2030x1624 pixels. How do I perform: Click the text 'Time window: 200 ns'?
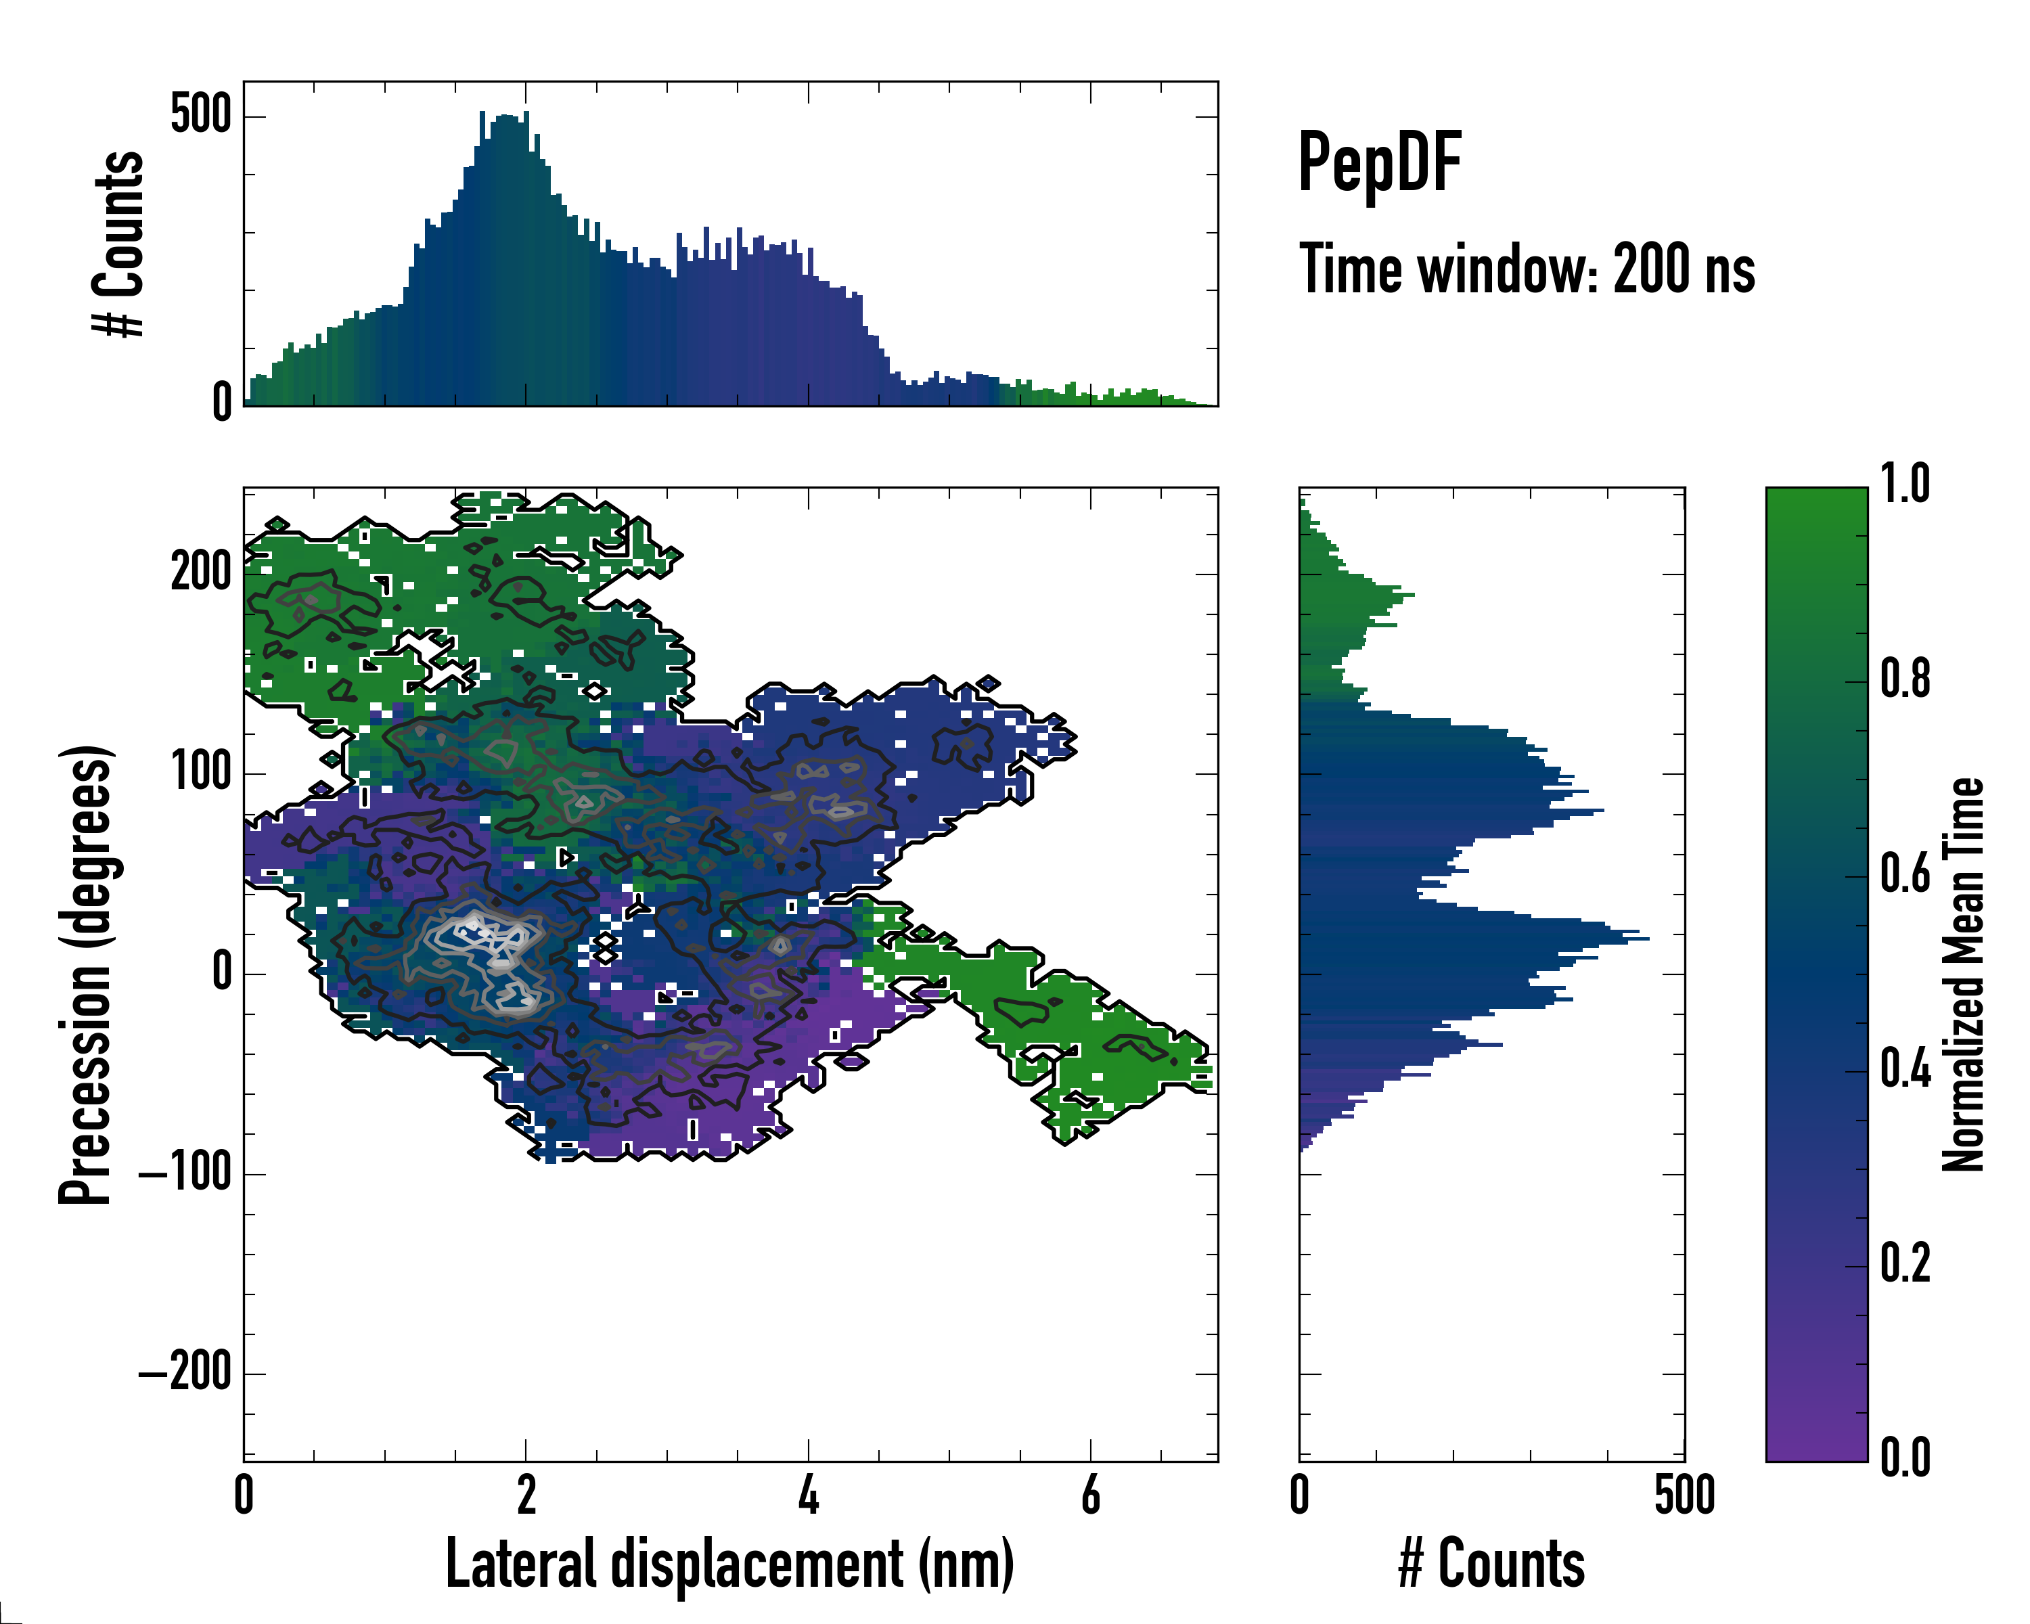coord(1527,269)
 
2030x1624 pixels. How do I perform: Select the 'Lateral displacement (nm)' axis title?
coord(729,1564)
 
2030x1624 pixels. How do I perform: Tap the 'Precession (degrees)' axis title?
coord(86,974)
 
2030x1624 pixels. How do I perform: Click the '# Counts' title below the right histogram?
coord(1491,1564)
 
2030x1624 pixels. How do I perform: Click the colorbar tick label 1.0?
coord(1905,485)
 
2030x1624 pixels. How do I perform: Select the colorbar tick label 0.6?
coord(1905,874)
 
